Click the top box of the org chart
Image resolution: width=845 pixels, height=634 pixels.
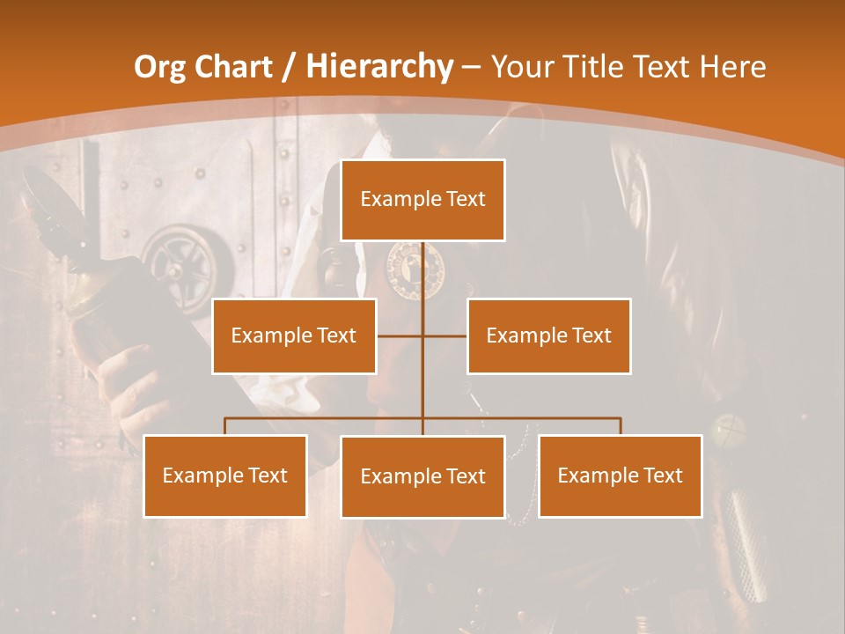(422, 200)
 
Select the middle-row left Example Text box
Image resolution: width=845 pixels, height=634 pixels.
(294, 335)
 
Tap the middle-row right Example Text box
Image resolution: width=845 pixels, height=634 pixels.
(549, 335)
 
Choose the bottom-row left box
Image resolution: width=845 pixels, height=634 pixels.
(224, 475)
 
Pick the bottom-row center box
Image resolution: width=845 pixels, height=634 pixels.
(422, 476)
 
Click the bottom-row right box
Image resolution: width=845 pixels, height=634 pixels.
(621, 475)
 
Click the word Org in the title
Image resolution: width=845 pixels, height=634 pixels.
(159, 67)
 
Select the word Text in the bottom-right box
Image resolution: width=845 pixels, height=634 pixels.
(663, 475)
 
